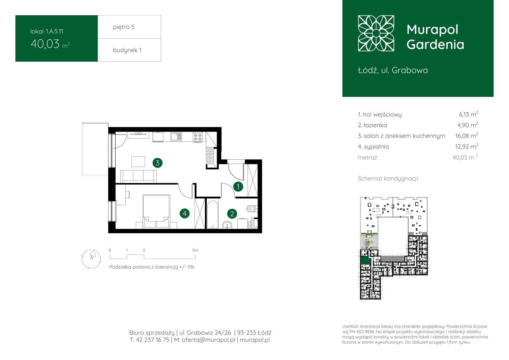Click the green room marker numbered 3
[x=157, y=163]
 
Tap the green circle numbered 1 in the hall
[x=238, y=187]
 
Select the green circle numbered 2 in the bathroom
[x=232, y=214]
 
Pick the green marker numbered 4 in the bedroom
[x=184, y=214]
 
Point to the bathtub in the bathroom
[x=212, y=214]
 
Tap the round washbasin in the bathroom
[x=227, y=225]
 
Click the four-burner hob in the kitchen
[x=197, y=137]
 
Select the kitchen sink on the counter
[x=176, y=137]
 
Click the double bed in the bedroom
[x=156, y=211]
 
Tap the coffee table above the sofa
[x=138, y=162]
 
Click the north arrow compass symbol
[x=91, y=259]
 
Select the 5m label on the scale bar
[x=196, y=250]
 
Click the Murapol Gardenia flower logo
[x=376, y=33]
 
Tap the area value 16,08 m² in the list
[x=466, y=136]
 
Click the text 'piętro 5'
[x=124, y=27]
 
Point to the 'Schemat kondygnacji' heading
[x=388, y=178]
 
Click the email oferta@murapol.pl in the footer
[x=208, y=340]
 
